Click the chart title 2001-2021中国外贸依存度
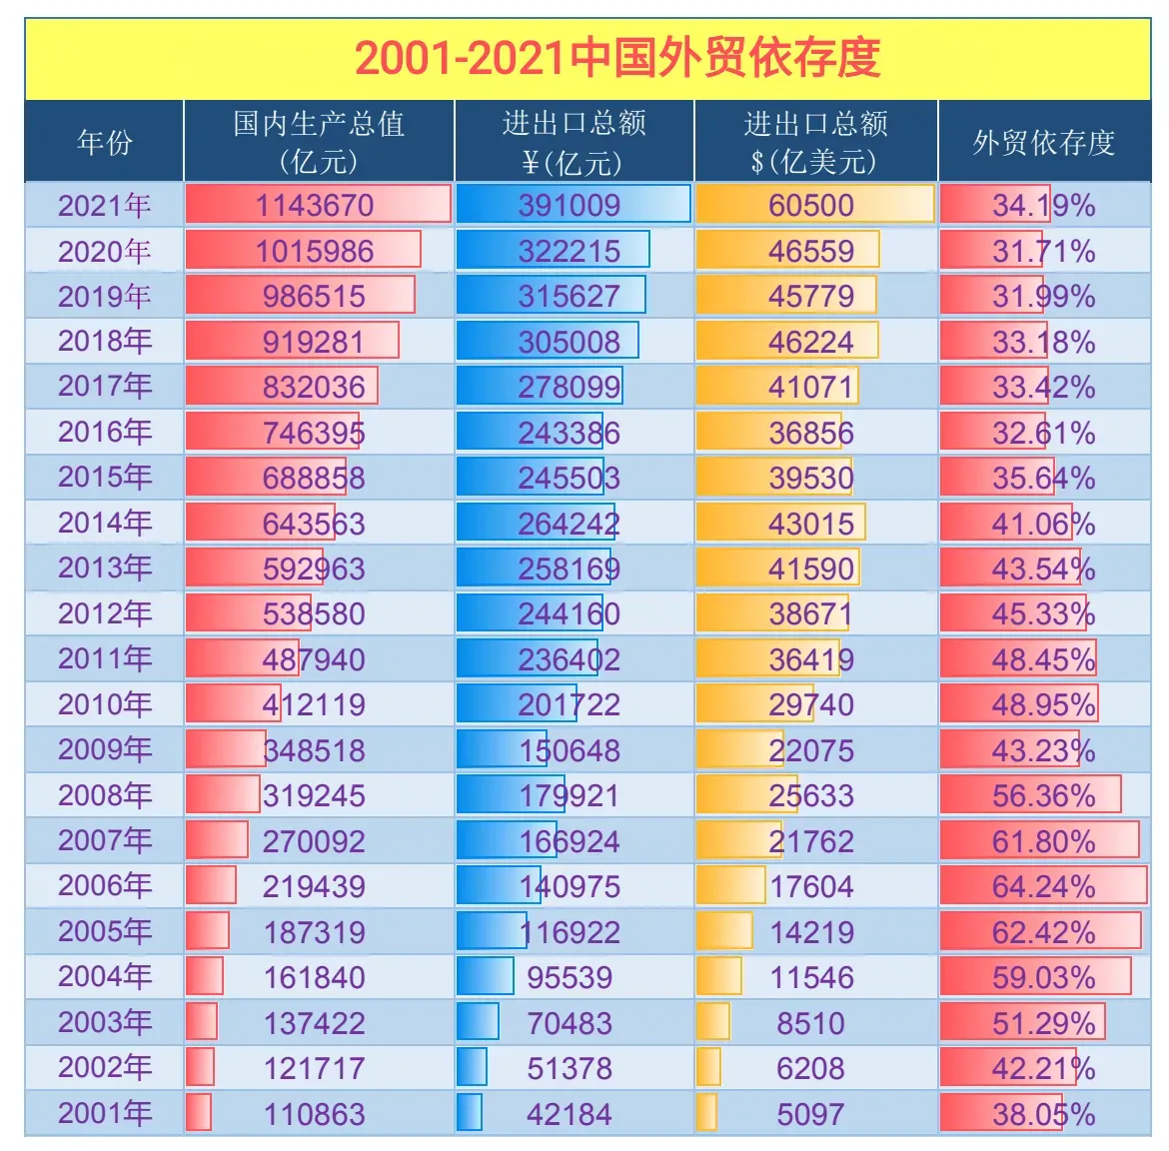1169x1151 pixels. tap(616, 58)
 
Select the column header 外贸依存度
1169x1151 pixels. tap(1043, 143)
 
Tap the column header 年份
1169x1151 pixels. tap(104, 143)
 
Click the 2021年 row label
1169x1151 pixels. tap(104, 206)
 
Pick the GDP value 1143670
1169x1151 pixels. tap(315, 206)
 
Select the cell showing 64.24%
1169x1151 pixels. tap(1043, 886)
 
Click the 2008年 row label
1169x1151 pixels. tap(104, 795)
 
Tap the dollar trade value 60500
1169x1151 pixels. tap(811, 206)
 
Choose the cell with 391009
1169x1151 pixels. tap(570, 206)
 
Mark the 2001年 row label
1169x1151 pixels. tap(104, 1113)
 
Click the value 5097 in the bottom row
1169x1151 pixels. tap(810, 1113)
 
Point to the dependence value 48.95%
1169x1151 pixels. tap(1043, 704)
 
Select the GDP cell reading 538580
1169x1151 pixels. tap(314, 613)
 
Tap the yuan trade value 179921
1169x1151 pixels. tap(570, 795)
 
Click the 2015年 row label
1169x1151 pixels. tap(104, 478)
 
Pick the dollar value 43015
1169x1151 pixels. tap(811, 524)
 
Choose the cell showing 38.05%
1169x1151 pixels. tap(1043, 1113)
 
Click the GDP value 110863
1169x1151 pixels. tap(314, 1113)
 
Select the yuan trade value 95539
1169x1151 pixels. tap(570, 977)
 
